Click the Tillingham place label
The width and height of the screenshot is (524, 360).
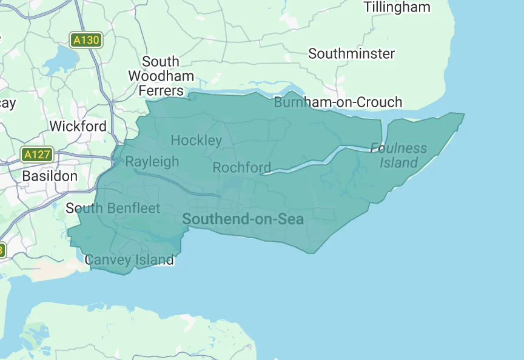(397, 7)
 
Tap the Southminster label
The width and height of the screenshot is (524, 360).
(351, 53)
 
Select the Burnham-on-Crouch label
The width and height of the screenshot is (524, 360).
(338, 102)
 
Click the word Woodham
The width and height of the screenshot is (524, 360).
(161, 76)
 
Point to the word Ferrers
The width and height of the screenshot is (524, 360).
(161, 90)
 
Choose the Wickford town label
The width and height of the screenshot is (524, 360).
(78, 126)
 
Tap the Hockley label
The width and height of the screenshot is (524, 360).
(196, 141)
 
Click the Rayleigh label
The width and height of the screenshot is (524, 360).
(152, 161)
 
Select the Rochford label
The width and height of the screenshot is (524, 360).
(241, 167)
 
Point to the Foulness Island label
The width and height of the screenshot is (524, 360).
(398, 155)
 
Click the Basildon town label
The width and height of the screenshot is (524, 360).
(50, 176)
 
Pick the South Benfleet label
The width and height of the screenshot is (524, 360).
(113, 208)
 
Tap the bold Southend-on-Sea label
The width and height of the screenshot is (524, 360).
(243, 219)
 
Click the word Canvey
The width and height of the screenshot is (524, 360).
(107, 260)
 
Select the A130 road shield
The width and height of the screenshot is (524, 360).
(85, 40)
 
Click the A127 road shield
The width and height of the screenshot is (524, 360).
(36, 155)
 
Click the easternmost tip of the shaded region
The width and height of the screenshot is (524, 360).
(464, 113)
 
